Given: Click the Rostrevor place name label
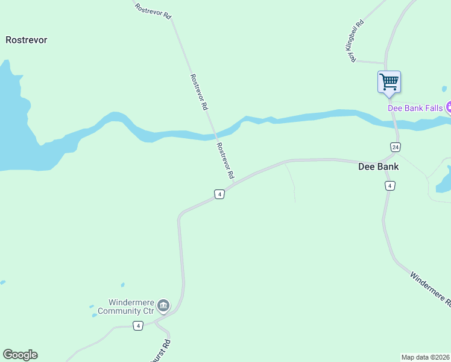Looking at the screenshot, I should click(x=26, y=40).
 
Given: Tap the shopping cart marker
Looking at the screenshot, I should click(x=389, y=81).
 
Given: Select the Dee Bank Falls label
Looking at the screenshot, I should click(x=415, y=108).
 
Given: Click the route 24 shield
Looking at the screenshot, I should click(x=395, y=147).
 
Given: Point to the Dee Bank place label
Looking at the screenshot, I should click(x=379, y=167).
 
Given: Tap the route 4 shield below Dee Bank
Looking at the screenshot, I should click(x=390, y=186).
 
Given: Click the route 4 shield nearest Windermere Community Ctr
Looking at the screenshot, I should click(x=139, y=326).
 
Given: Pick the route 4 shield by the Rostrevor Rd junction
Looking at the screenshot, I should click(x=219, y=194).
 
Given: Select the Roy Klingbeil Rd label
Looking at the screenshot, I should click(x=356, y=42).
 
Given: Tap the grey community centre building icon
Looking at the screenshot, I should click(x=163, y=306).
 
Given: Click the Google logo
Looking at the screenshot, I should click(x=20, y=355).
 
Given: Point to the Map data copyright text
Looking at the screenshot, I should click(x=424, y=357).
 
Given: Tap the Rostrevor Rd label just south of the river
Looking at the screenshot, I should click(x=225, y=160).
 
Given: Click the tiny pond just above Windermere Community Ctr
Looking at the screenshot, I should click(x=122, y=285).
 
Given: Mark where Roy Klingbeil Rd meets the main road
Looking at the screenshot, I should click(x=385, y=62).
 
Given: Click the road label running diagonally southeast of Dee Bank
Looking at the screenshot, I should click(x=430, y=288).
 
